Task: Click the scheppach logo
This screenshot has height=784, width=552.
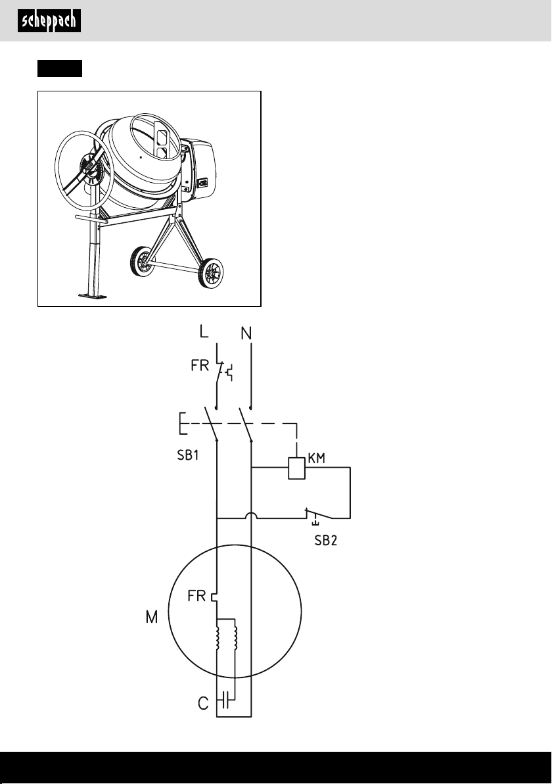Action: [x=49, y=22]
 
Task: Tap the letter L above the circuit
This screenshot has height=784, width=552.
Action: [x=204, y=331]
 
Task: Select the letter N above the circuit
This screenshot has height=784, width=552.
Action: [x=246, y=333]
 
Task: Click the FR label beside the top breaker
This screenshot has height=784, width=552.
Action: [x=200, y=366]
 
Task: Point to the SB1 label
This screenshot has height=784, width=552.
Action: [x=189, y=456]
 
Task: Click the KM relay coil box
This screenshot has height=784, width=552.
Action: [x=297, y=468]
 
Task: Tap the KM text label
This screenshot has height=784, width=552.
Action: [x=317, y=458]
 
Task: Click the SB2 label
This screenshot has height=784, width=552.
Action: [x=326, y=541]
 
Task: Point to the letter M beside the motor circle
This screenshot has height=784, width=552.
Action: [x=151, y=618]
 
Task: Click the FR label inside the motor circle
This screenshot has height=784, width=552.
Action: [x=196, y=596]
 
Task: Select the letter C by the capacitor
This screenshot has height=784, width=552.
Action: [x=203, y=704]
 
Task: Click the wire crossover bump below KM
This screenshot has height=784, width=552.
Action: [x=251, y=516]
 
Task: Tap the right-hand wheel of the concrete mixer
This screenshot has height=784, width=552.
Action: [x=211, y=273]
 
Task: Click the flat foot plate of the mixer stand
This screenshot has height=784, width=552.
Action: [x=93, y=297]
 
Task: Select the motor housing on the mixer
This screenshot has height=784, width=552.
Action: [x=198, y=170]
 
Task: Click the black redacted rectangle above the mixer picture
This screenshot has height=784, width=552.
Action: [x=59, y=68]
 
